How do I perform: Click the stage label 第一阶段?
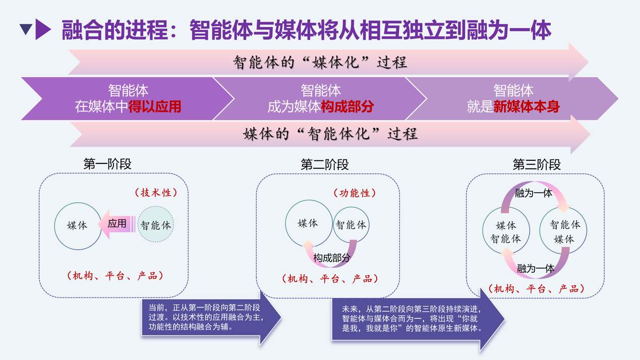pyautogui.click(x=107, y=164)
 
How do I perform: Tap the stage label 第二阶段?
pyautogui.click(x=324, y=164)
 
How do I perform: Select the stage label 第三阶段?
pyautogui.click(x=536, y=164)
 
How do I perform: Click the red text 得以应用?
pyautogui.click(x=155, y=107)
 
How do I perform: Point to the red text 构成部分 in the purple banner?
pyautogui.click(x=347, y=107)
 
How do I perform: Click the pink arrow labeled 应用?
pyautogui.click(x=117, y=223)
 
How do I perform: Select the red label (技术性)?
pyautogui.click(x=155, y=193)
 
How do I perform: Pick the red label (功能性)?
pyautogui.click(x=355, y=193)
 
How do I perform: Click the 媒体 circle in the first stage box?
pyautogui.click(x=78, y=225)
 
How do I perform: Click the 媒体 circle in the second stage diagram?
pyautogui.click(x=308, y=223)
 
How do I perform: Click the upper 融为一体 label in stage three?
pyautogui.click(x=534, y=193)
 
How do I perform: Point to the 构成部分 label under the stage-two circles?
pyautogui.click(x=331, y=258)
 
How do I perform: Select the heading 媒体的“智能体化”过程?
pyautogui.click(x=330, y=134)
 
